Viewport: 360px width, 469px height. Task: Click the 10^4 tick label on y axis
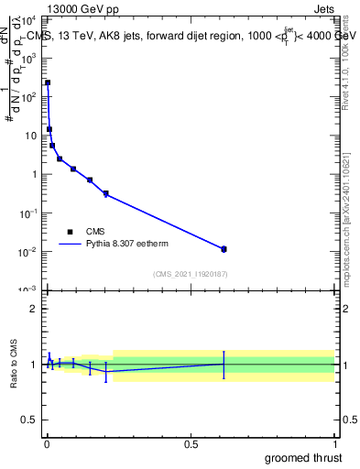click(x=28, y=19)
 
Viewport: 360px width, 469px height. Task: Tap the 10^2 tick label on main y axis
click(x=28, y=96)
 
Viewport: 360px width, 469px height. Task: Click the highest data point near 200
click(x=48, y=82)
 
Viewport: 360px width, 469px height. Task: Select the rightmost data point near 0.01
click(x=224, y=249)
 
